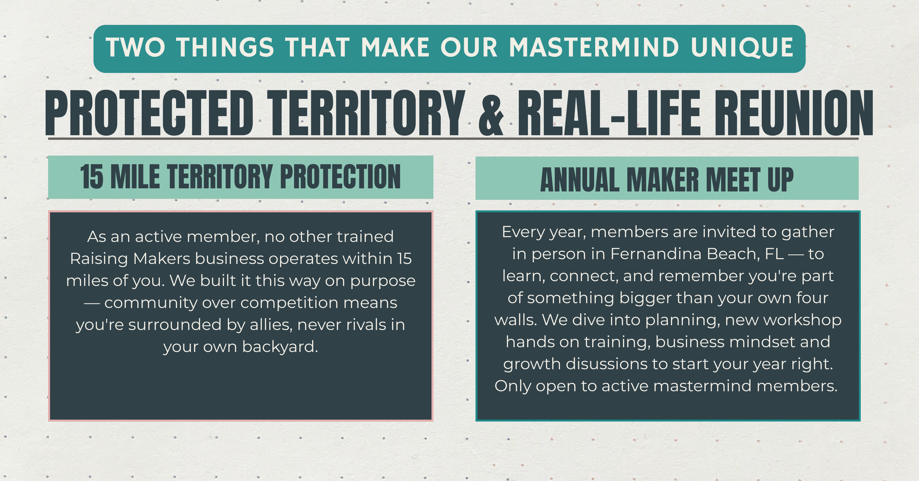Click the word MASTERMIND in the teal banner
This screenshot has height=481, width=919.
click(x=594, y=48)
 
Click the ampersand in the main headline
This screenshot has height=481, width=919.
click(x=491, y=113)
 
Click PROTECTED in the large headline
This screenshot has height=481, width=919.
click(x=149, y=113)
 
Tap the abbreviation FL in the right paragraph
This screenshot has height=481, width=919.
click(x=775, y=254)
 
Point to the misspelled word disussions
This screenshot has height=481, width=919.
click(x=606, y=364)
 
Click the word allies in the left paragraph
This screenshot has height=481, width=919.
click(x=271, y=325)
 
